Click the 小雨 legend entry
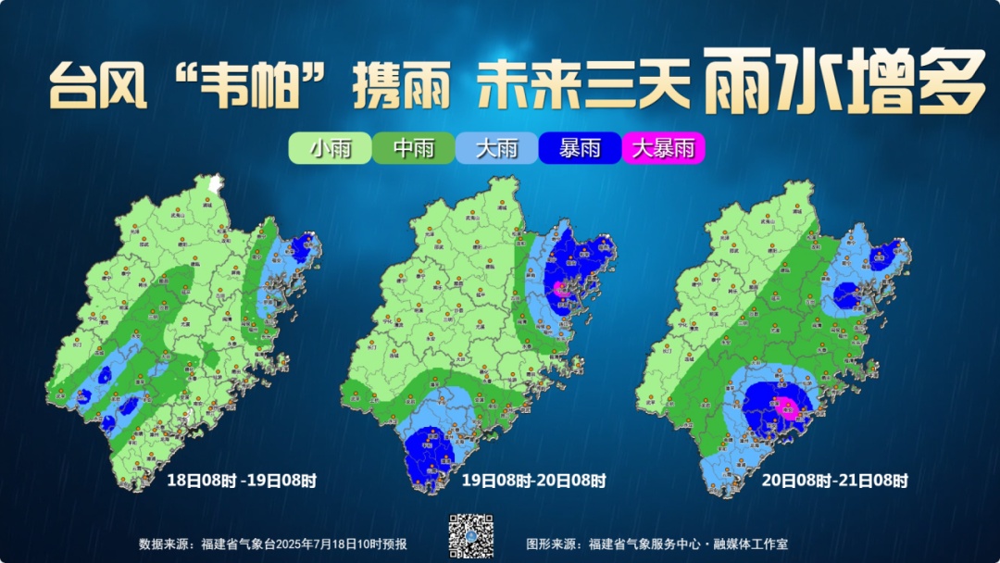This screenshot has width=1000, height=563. click(x=330, y=148)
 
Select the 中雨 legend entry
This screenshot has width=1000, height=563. click(x=413, y=148)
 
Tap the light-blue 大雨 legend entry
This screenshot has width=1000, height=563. click(x=496, y=148)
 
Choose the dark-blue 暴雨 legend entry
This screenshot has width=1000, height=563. click(x=580, y=148)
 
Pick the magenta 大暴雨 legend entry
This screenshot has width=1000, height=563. click(x=663, y=148)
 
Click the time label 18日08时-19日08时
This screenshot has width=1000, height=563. click(x=242, y=481)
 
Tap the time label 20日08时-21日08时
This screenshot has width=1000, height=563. click(x=834, y=481)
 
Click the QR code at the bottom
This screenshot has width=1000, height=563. click(x=471, y=536)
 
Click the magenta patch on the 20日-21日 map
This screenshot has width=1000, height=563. click(x=786, y=407)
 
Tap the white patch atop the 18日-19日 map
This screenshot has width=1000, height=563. click(x=217, y=183)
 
